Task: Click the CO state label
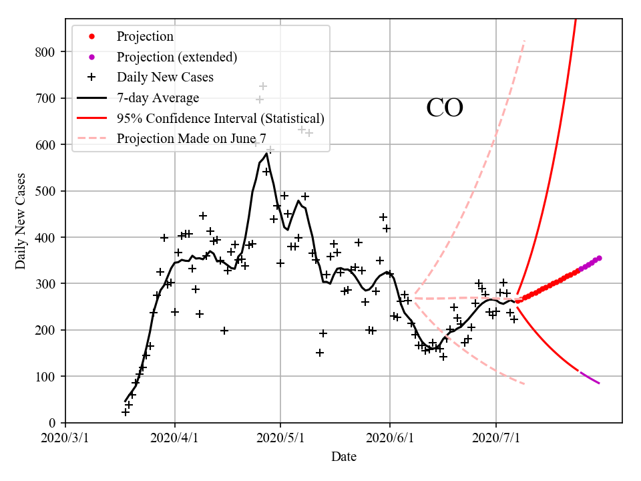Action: click(445, 108)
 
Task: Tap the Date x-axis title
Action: click(344, 457)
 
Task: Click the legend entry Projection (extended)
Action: click(176, 57)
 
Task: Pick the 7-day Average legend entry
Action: click(158, 98)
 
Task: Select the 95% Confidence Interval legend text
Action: click(220, 118)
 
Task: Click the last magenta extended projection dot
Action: click(599, 258)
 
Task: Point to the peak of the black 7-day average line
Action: click(266, 154)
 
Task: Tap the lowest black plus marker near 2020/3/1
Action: click(126, 412)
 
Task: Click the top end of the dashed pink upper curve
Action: click(525, 41)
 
